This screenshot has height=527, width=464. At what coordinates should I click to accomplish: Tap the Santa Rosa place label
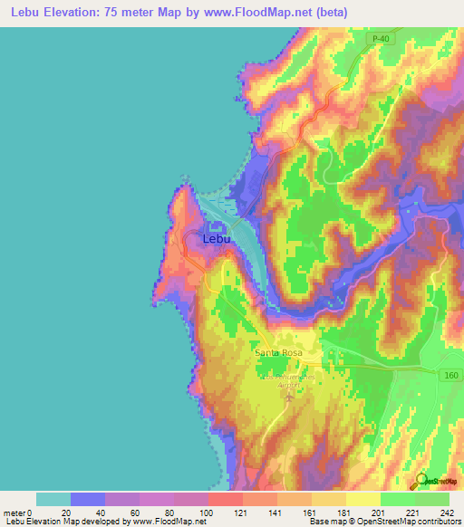click(278, 352)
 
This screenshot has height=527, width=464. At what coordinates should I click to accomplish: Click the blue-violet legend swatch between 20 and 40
click(88, 499)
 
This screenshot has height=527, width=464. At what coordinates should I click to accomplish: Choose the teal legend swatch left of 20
click(53, 499)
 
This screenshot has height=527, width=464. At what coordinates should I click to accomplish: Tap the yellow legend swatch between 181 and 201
click(362, 499)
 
